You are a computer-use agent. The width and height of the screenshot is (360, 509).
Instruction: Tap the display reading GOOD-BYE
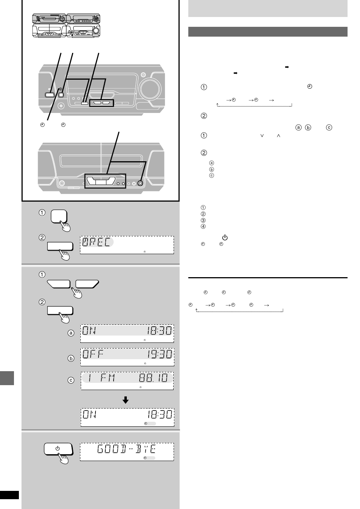127,452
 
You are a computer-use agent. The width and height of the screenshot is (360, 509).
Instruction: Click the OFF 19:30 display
127,357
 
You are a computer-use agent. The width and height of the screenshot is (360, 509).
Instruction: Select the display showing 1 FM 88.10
127,380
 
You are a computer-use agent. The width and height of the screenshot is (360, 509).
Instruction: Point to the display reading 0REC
127,245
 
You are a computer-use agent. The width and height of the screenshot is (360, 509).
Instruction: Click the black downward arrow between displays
126,400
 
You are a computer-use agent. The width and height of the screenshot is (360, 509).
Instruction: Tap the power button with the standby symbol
58,449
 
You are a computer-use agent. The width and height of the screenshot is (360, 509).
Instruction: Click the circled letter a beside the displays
71,333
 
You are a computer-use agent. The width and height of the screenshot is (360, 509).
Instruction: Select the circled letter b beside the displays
71,358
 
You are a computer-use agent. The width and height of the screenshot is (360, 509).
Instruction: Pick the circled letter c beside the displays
71,380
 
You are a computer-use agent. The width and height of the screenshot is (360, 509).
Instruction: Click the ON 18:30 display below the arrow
127,417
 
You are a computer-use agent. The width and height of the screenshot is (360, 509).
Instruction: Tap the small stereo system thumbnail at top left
67,26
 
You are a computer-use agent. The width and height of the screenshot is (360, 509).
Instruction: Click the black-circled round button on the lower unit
140,184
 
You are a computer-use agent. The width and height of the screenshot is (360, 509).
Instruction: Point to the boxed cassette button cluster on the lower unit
105,183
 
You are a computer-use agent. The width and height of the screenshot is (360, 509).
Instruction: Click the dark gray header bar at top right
268,32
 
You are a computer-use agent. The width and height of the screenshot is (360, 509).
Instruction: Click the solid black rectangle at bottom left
9,495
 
